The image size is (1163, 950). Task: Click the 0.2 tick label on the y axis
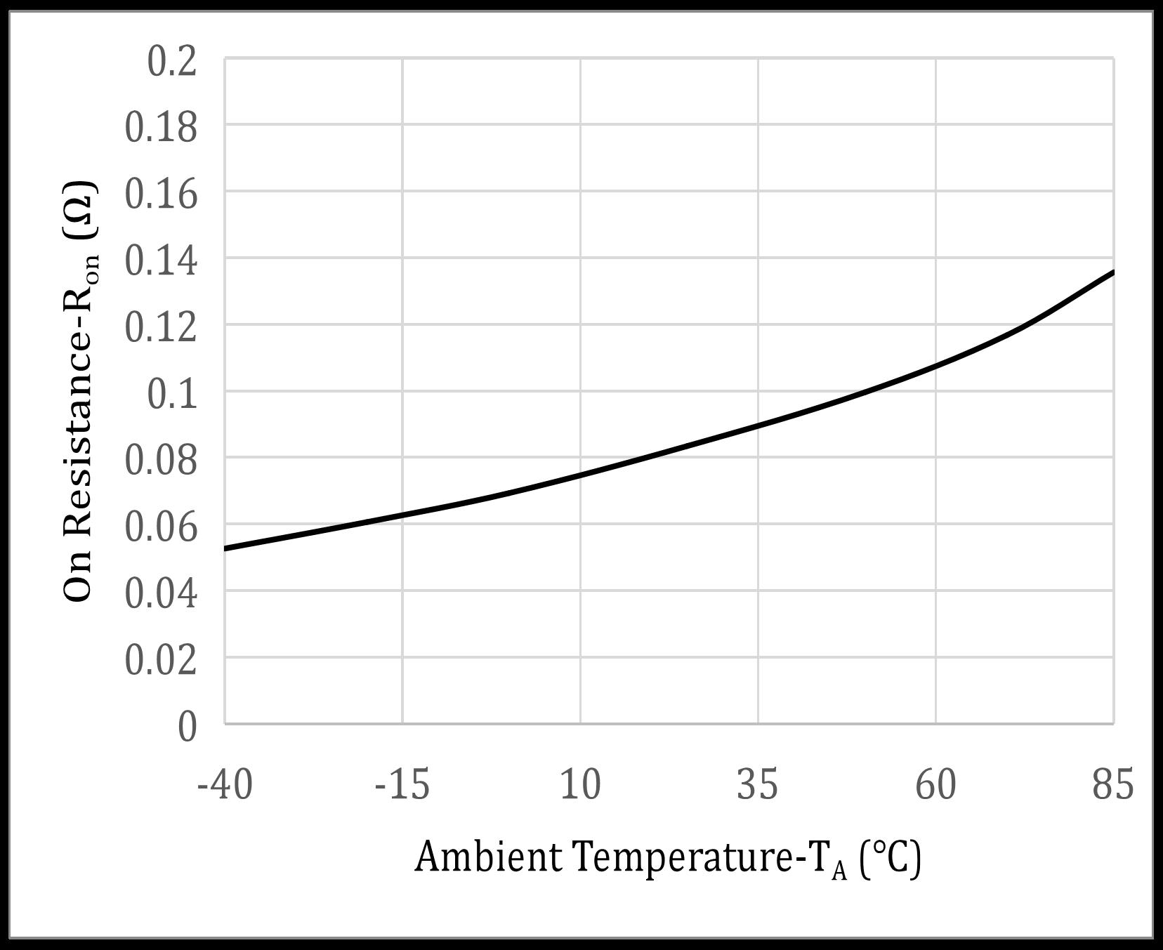171,62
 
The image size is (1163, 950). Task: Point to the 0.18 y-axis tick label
162,128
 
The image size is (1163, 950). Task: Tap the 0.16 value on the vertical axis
162,194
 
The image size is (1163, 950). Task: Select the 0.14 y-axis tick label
162,261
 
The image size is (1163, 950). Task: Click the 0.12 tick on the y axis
162,328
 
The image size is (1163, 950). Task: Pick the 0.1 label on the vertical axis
171,395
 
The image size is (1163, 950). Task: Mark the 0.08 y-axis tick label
162,461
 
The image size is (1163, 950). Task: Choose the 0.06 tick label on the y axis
162,527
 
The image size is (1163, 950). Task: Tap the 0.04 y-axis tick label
162,594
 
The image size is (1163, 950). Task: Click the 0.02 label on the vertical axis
162,661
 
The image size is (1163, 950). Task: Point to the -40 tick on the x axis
225,784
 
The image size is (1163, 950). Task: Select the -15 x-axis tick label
402,784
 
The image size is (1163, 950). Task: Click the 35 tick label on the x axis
758,784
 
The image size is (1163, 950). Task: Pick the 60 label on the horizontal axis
935,784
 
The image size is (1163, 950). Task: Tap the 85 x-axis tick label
1113,784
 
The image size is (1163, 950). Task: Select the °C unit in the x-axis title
889,857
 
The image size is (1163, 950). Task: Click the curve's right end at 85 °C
1113,272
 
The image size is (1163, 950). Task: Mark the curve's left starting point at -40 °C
225,548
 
